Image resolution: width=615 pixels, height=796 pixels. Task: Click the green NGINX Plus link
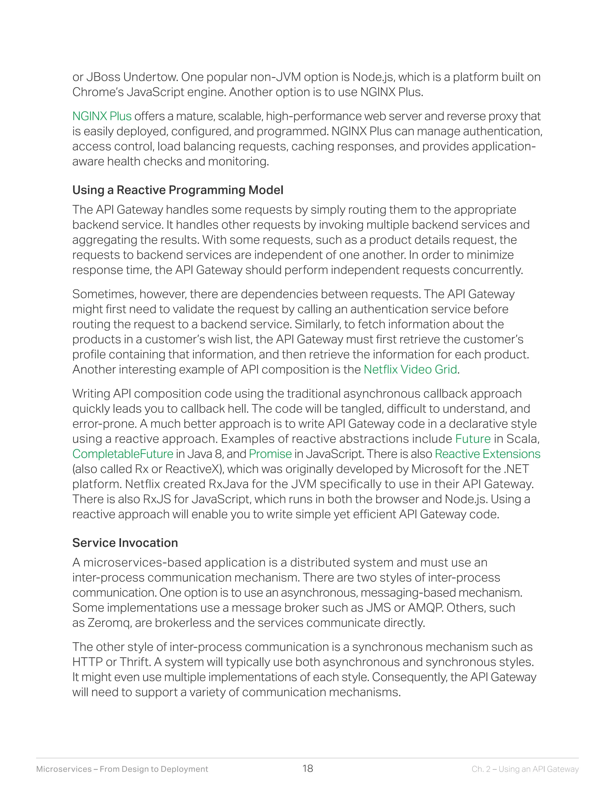point(102,116)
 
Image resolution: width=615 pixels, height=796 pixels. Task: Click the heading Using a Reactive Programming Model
point(178,190)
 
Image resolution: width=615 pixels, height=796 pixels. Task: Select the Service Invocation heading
point(125,543)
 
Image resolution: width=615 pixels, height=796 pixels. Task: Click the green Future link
point(473,439)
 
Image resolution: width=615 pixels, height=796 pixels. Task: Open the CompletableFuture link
point(123,454)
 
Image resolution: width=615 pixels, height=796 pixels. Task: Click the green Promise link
point(270,454)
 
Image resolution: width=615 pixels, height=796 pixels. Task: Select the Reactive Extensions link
point(487,454)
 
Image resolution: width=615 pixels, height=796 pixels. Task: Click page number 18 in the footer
point(307,769)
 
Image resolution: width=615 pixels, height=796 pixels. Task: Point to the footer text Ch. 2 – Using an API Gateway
point(525,769)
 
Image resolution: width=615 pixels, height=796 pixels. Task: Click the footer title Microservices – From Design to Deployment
point(122,769)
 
